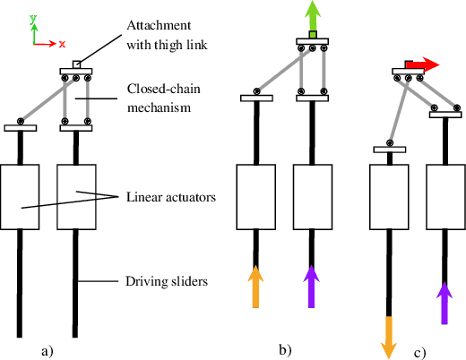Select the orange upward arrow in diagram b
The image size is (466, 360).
(256, 286)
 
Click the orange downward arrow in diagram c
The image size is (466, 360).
(390, 336)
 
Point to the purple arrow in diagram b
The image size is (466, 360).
(311, 286)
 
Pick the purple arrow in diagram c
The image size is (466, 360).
(444, 302)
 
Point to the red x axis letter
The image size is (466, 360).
(62, 43)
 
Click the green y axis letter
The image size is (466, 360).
(32, 18)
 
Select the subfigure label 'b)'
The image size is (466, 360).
(284, 349)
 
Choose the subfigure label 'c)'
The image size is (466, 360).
(419, 353)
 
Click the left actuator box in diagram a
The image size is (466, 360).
(22, 196)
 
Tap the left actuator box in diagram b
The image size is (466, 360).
(256, 195)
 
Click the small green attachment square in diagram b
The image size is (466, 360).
(311, 35)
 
